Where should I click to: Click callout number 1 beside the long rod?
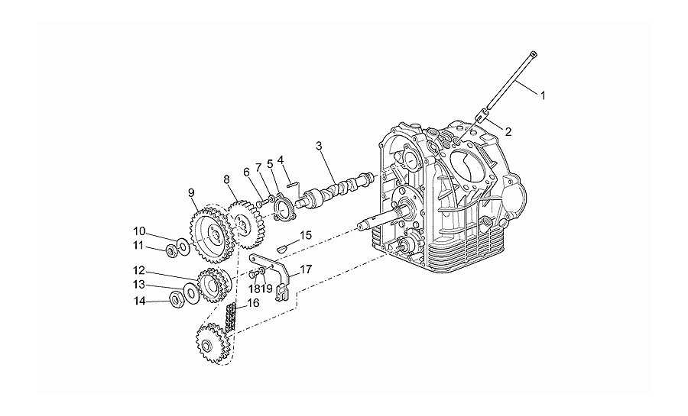tap(543, 95)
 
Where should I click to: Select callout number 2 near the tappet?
tap(508, 131)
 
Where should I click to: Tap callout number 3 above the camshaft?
tap(319, 146)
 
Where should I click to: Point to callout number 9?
tap(191, 192)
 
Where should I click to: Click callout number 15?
tap(305, 235)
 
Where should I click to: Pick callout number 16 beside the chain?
tap(253, 302)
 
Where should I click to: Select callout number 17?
tap(306, 269)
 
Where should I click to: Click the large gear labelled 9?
tap(209, 234)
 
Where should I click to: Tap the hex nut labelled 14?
tap(177, 299)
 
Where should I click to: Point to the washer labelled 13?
tap(190, 292)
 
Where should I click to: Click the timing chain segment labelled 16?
tap(231, 320)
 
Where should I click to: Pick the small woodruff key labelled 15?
tap(281, 249)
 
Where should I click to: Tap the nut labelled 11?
tap(171, 251)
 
